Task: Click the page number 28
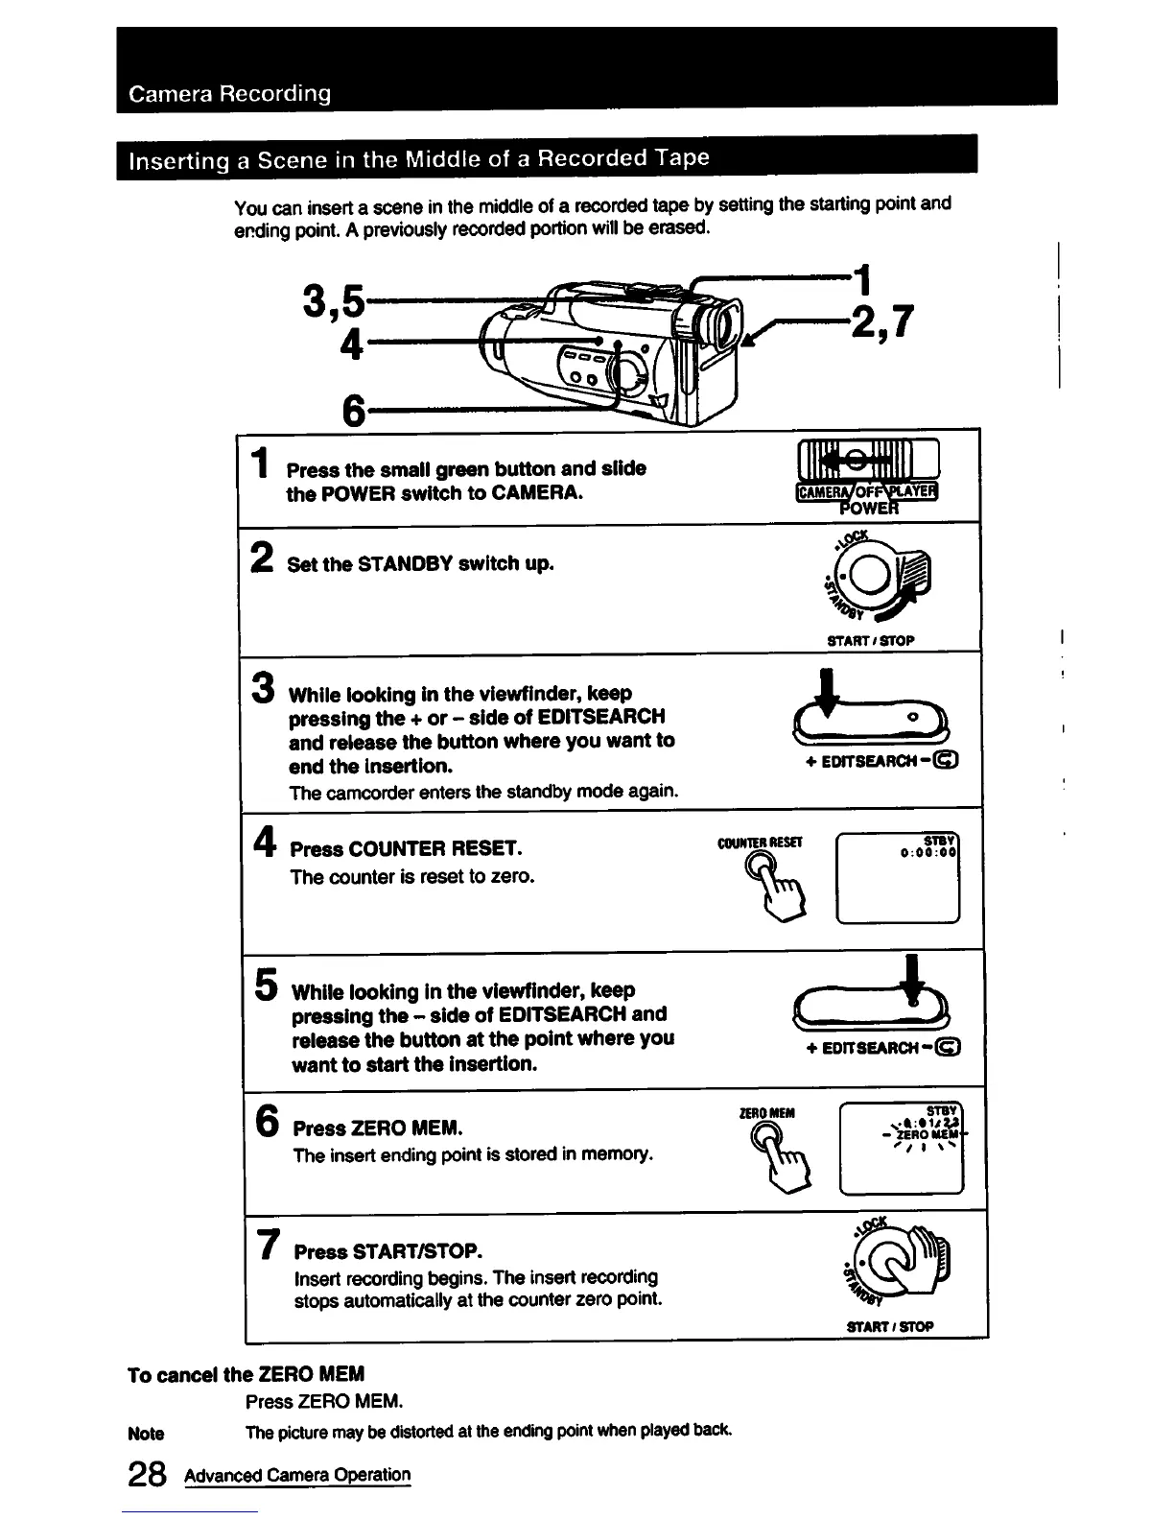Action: pyautogui.click(x=147, y=1475)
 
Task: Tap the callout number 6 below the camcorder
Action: pyautogui.click(x=354, y=412)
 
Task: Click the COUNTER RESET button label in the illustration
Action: pyautogui.click(x=760, y=843)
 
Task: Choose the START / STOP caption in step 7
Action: pyautogui.click(x=890, y=1327)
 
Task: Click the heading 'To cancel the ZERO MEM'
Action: pyautogui.click(x=246, y=1374)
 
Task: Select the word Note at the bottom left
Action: pyautogui.click(x=146, y=1434)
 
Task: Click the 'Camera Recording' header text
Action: pyautogui.click(x=230, y=94)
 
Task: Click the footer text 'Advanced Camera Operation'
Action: pyautogui.click(x=297, y=1475)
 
